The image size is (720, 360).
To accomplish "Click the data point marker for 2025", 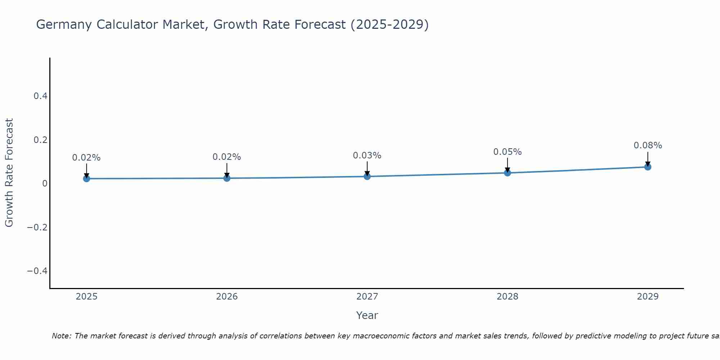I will pos(86,179).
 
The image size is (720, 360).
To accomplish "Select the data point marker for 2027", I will pos(367,176).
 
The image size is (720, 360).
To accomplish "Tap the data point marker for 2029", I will pos(648,167).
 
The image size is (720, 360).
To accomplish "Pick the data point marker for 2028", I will pos(508,173).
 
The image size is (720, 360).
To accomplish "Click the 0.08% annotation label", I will pos(648,145).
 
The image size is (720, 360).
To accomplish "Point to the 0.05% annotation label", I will pos(508,152).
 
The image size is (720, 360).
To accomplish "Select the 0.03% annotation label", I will pos(367,156).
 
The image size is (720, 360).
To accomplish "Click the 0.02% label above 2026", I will pos(227,157).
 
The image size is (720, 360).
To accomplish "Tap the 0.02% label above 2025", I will pos(86,158).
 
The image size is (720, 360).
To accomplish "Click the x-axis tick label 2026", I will pos(227,297).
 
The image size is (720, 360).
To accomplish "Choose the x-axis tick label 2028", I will pos(508,297).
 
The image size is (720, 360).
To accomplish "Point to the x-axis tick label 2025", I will pos(86,297).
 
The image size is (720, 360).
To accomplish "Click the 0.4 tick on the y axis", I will pos(40,96).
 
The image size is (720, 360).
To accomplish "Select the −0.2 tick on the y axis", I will pos(37,227).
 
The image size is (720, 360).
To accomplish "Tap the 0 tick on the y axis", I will pos(45,184).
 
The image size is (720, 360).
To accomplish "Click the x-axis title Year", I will pos(367,315).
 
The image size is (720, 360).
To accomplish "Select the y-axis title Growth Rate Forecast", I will pos(9,173).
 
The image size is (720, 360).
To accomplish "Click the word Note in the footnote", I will pos(62,336).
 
